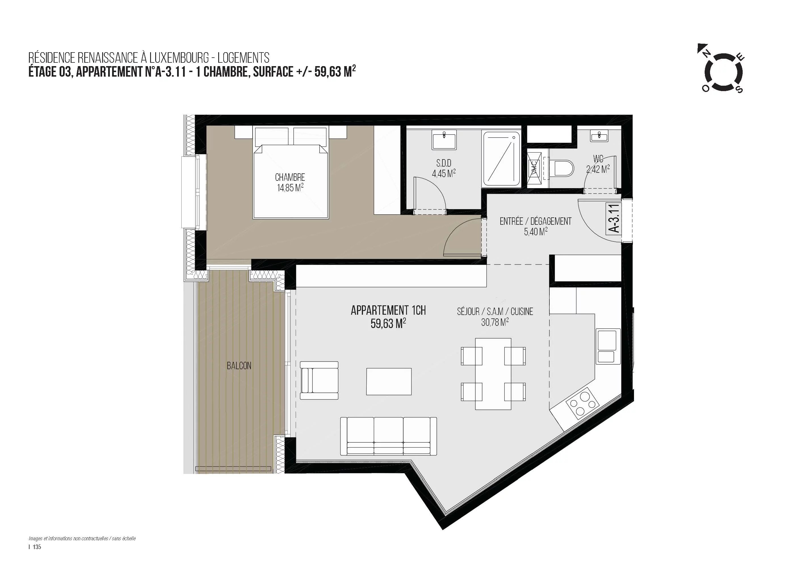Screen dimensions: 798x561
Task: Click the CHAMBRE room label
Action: (x=290, y=177)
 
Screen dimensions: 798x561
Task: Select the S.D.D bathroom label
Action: (x=444, y=163)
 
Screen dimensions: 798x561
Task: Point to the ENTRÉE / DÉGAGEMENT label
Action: (x=535, y=221)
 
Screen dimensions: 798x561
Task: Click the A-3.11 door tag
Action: (x=614, y=218)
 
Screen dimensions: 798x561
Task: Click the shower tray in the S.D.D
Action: (x=501, y=159)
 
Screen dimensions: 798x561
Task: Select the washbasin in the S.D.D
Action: (x=444, y=140)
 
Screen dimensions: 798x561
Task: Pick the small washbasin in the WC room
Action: (x=599, y=136)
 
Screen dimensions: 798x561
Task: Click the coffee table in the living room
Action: (x=388, y=381)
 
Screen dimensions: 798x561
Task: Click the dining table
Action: (x=493, y=374)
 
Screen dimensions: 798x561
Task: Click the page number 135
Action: (x=37, y=547)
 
